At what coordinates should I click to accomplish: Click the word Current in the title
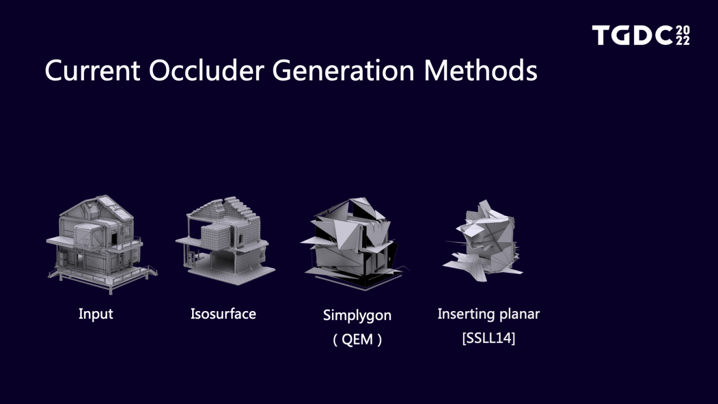tap(92, 70)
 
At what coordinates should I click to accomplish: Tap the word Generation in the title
tap(343, 70)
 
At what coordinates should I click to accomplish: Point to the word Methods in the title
tap(481, 70)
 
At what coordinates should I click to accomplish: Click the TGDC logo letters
tap(633, 35)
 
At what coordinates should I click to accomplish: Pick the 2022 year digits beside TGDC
tap(683, 36)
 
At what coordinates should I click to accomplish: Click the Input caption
tap(96, 314)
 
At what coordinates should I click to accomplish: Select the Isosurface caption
tap(223, 314)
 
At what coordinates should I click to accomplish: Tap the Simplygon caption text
tap(357, 316)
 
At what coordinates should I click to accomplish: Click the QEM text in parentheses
tap(357, 339)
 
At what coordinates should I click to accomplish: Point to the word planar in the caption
tap(519, 314)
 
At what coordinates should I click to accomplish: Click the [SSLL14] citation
tap(489, 338)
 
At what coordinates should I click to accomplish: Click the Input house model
tap(102, 244)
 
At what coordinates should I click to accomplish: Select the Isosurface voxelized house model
tap(226, 241)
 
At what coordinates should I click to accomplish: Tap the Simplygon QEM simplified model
tap(355, 244)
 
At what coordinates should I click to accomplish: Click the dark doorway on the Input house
tap(114, 238)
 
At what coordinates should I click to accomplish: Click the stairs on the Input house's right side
tap(150, 271)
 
